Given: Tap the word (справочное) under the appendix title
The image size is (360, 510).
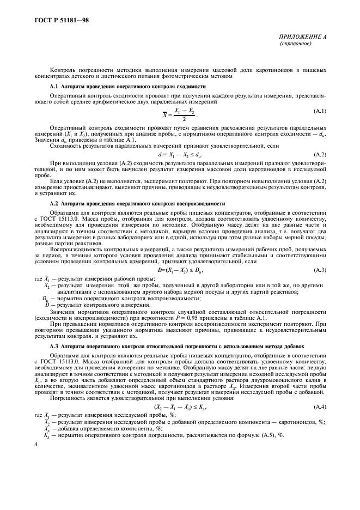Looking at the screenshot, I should [x=295, y=43].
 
